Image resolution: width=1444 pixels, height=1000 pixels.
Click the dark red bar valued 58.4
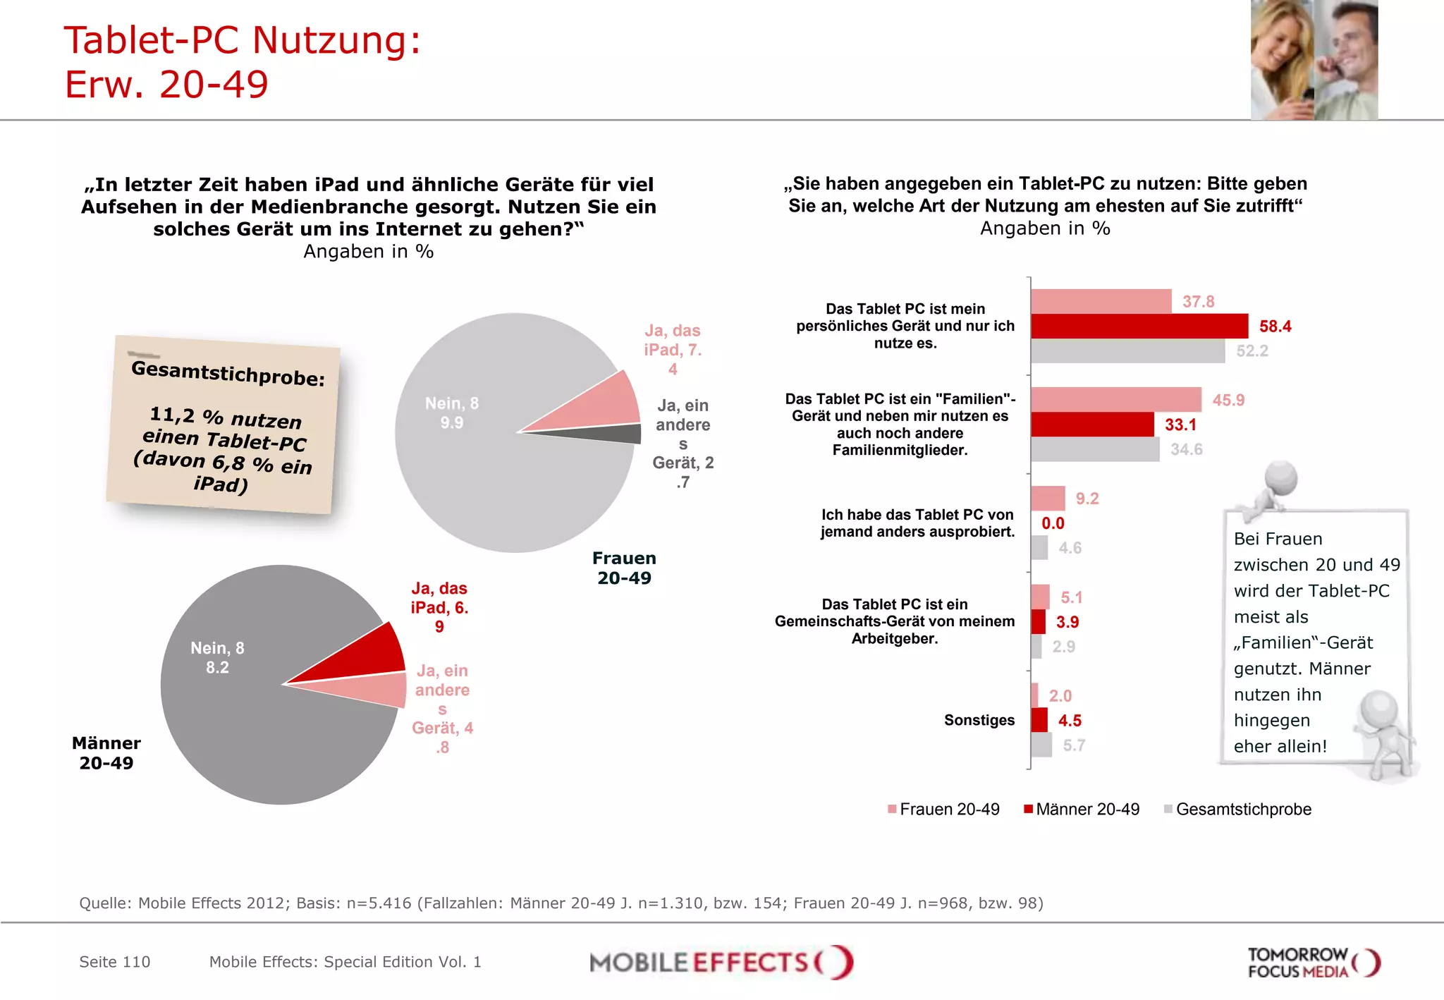point(1139,327)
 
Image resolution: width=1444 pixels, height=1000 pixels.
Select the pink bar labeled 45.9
point(1115,400)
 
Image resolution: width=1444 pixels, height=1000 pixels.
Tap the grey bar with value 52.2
point(1127,351)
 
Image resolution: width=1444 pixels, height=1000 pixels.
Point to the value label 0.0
point(1053,523)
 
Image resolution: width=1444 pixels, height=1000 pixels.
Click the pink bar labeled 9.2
point(1048,499)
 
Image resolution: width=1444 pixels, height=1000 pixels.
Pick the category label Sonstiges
point(979,720)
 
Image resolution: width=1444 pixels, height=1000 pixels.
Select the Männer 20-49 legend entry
point(1082,810)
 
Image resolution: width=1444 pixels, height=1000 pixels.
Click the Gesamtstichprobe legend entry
point(1237,810)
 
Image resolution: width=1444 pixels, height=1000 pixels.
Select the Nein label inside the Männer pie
point(217,657)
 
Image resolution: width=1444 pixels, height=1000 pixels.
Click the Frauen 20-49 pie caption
point(624,568)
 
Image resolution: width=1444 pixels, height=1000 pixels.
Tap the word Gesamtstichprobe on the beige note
point(228,373)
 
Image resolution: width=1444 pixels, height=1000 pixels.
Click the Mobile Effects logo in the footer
point(721,963)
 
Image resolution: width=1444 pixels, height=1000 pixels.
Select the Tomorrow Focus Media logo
point(1313,963)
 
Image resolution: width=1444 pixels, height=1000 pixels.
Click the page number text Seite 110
point(114,962)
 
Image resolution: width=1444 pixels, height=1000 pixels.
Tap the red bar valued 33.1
point(1091,425)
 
